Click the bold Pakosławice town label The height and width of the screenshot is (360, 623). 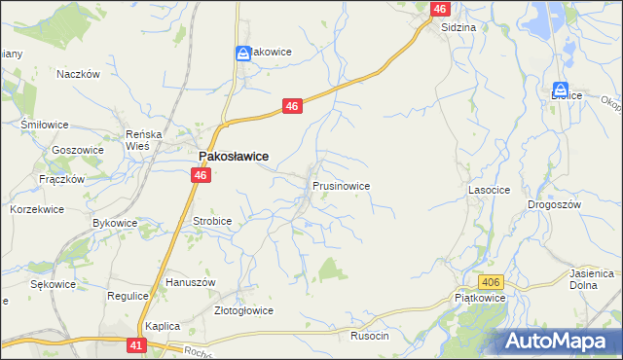click(234, 156)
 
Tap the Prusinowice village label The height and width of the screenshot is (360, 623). click(340, 185)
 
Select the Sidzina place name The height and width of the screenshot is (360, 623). click(458, 28)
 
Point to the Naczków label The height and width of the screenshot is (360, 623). click(80, 74)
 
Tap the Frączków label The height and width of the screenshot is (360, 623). click(62, 179)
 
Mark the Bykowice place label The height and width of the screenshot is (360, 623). click(114, 223)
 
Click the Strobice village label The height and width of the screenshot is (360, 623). click(212, 221)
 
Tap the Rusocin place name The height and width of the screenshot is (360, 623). click(369, 336)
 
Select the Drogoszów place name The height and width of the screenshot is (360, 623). click(554, 204)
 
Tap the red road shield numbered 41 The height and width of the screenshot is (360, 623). click(136, 345)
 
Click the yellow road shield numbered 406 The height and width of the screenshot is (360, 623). click(492, 282)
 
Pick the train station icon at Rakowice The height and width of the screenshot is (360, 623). click(242, 55)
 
